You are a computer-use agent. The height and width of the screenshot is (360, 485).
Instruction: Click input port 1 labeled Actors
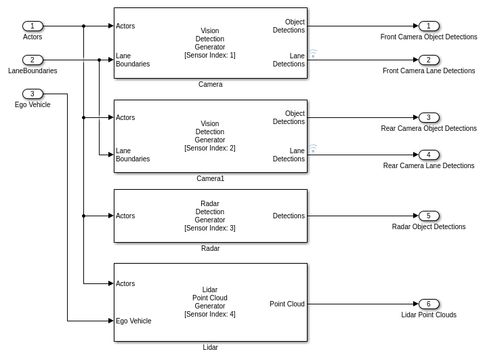33,26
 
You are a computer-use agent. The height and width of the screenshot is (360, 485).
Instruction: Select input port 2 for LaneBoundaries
33,60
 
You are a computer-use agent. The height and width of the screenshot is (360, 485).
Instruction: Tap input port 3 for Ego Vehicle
33,94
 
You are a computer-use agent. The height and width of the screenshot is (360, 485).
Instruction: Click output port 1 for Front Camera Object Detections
428,26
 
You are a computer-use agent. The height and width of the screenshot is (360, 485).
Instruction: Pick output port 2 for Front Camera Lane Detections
428,60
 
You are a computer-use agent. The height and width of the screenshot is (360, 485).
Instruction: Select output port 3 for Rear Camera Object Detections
428,117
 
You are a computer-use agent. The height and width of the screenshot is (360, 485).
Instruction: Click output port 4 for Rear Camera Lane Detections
428,155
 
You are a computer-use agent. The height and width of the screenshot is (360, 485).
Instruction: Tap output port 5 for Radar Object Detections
428,216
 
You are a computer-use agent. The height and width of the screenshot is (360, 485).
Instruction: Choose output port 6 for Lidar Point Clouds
428,304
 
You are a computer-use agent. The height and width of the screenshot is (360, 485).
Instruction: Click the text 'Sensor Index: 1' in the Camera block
210,55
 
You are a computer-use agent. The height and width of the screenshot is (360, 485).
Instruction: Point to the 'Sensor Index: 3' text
210,228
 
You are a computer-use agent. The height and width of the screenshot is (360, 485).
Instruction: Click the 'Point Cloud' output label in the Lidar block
287,304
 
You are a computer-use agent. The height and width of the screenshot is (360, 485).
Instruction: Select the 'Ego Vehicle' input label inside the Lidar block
133,321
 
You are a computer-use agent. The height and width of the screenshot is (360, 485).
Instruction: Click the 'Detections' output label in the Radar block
289,216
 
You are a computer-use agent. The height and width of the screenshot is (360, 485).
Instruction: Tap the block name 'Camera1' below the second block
210,178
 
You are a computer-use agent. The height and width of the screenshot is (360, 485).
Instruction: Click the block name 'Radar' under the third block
210,248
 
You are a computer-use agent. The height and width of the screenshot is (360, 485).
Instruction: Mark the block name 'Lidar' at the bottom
210,347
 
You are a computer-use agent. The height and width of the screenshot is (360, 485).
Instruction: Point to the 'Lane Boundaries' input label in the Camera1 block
133,155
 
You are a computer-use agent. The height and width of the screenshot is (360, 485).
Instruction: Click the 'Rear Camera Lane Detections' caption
428,165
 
